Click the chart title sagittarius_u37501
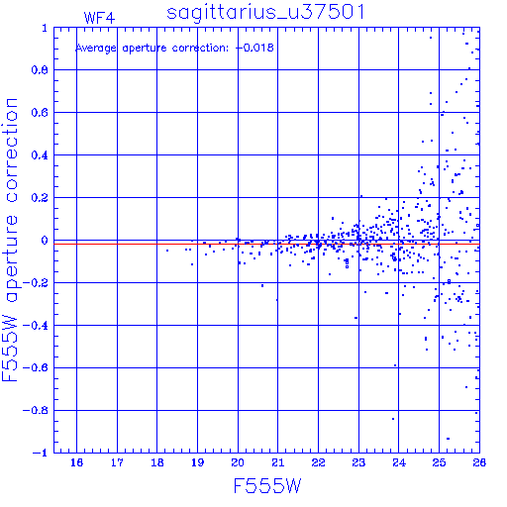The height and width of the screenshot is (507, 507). [265, 13]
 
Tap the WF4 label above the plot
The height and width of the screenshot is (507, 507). [99, 18]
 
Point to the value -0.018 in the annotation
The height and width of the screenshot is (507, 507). [254, 48]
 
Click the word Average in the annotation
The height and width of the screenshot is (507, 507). [96, 49]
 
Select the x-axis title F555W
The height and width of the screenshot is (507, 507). [267, 486]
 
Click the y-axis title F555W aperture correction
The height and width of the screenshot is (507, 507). [10, 240]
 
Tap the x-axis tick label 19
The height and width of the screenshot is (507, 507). [197, 462]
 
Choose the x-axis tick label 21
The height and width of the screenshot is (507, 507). [278, 462]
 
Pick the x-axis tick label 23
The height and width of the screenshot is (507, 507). [358, 462]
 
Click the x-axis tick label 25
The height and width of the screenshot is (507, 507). [439, 462]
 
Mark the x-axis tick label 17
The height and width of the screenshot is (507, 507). [117, 462]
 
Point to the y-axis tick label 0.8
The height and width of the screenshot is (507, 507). [40, 70]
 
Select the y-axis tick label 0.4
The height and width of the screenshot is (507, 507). [40, 155]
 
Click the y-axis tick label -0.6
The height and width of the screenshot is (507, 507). [36, 367]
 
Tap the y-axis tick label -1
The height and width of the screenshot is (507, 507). [41, 453]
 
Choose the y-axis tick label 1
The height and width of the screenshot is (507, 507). [45, 28]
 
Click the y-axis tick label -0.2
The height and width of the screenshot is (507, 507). [36, 283]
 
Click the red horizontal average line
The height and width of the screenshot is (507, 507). [266, 244]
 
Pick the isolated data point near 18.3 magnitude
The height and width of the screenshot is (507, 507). [167, 251]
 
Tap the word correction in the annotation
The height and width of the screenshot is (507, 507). [200, 49]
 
